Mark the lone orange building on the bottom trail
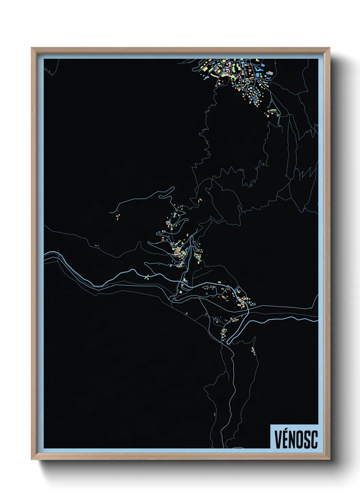(215, 414)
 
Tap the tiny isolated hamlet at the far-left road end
(118, 216)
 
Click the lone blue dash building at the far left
(96, 245)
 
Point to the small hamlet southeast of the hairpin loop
(253, 350)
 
